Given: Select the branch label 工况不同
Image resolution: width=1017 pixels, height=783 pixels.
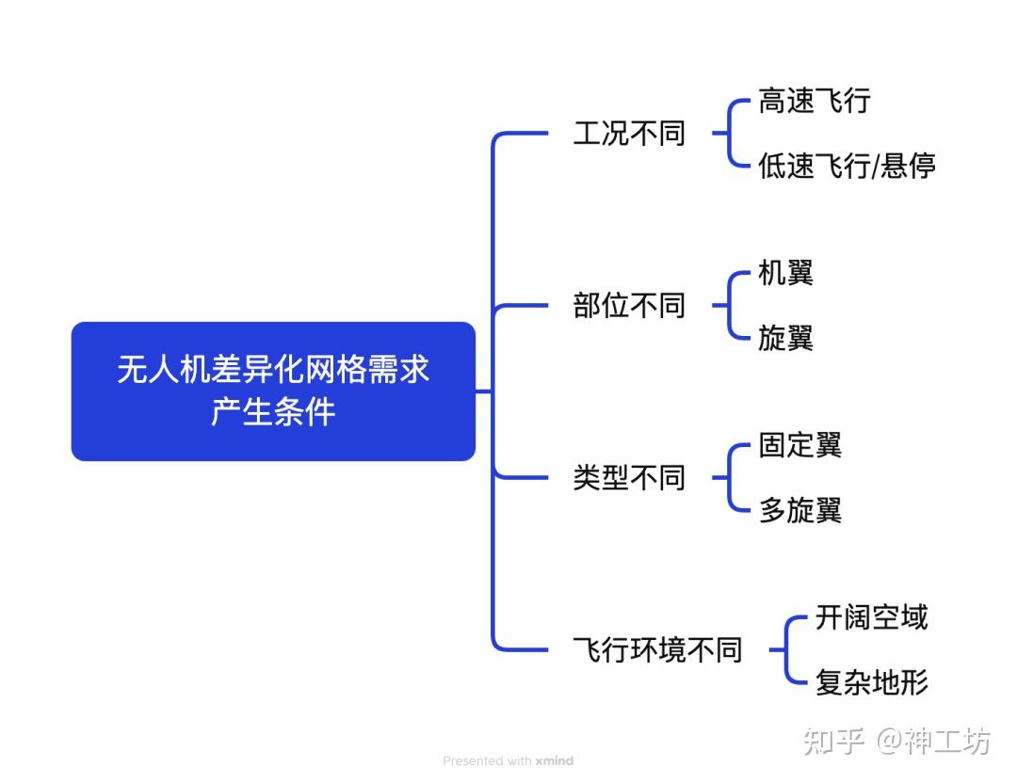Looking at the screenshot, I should click(x=629, y=134).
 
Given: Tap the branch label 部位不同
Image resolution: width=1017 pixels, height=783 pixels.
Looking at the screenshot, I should click(x=629, y=306).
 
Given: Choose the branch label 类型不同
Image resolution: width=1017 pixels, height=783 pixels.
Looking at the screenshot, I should click(x=629, y=478).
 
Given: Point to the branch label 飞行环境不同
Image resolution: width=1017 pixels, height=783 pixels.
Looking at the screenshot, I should click(x=657, y=650).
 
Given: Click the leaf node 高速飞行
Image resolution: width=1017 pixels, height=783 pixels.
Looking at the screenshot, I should click(x=815, y=101).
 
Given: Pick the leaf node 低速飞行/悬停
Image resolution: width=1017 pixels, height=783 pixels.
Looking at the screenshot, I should click(x=847, y=167).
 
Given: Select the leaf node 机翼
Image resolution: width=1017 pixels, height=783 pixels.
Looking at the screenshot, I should click(x=785, y=273).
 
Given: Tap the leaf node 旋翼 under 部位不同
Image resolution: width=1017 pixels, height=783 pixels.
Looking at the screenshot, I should click(x=785, y=338).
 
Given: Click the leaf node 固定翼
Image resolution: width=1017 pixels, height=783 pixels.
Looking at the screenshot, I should click(x=799, y=445).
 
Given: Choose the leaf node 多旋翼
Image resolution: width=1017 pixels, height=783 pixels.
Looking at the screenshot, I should click(x=799, y=510).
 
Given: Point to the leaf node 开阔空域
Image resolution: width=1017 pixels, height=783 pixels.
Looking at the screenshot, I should click(x=871, y=617).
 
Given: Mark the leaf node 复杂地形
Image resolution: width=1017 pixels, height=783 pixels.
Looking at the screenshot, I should click(x=871, y=682).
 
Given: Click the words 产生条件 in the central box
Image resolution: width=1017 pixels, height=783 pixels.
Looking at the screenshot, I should click(x=273, y=412).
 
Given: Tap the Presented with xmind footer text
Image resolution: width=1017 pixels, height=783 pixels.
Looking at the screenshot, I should click(x=508, y=760).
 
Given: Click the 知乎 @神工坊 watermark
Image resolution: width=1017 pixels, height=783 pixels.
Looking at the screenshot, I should click(x=896, y=741).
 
